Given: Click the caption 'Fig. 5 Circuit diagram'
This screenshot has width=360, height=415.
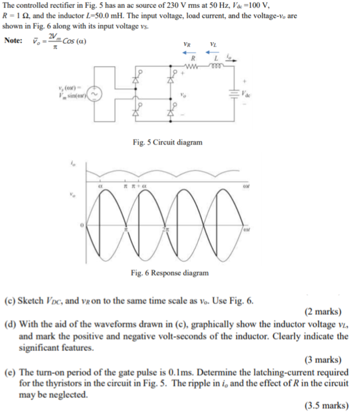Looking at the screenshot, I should [167, 142].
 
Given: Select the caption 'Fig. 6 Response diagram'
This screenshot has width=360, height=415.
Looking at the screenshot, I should [170, 272].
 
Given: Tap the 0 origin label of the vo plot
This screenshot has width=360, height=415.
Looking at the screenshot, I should [82, 225].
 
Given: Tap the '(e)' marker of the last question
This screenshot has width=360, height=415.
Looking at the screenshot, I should [11, 372].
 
